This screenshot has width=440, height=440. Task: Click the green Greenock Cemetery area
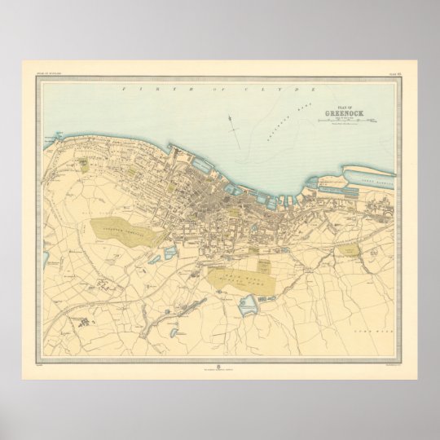tap(127, 231)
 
